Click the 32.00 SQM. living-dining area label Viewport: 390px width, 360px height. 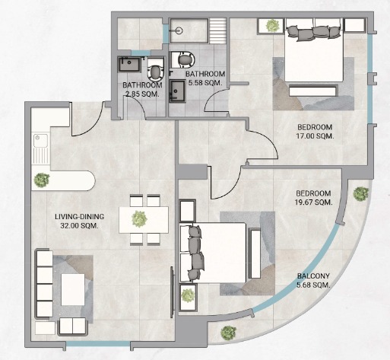(79, 226)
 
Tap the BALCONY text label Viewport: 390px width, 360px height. (313, 276)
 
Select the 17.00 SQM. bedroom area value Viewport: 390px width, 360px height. (315, 136)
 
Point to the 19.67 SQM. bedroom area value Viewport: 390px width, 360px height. (314, 202)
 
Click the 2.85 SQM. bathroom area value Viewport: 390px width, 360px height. (142, 94)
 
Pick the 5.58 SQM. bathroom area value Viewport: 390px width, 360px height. (205, 83)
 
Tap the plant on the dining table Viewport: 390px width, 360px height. (139, 218)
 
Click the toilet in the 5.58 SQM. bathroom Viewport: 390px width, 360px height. (183, 59)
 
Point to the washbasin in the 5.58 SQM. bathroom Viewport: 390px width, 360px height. (178, 91)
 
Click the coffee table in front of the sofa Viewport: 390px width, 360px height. (73, 289)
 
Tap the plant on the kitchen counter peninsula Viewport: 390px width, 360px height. (42, 180)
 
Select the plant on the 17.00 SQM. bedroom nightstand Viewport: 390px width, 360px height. (273, 26)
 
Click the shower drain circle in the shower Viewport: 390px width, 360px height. (179, 30)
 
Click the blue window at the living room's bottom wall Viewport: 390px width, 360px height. (98, 344)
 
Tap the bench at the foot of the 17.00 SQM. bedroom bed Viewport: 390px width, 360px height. (313, 91)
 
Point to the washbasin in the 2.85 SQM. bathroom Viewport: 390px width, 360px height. (129, 65)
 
